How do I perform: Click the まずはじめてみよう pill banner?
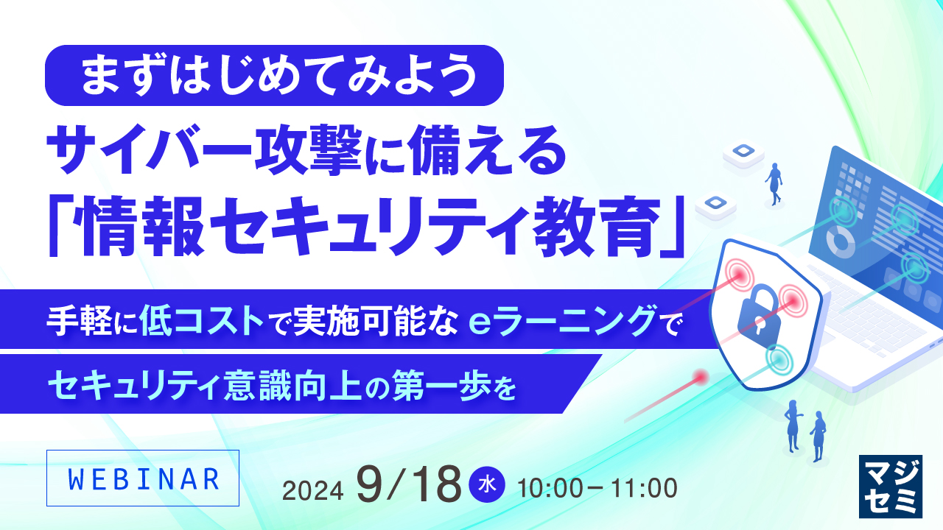click(274, 75)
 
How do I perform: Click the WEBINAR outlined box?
click(143, 479)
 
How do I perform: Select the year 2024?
click(314, 489)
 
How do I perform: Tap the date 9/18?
click(407, 483)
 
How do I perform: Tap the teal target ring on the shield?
click(780, 358)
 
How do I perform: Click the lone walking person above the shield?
click(774, 183)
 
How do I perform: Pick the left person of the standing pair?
click(793, 425)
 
